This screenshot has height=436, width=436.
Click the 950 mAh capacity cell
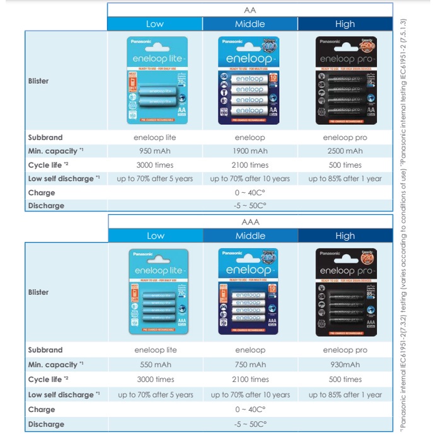pyautogui.click(x=155, y=151)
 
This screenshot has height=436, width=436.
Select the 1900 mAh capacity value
pyautogui.click(x=250, y=151)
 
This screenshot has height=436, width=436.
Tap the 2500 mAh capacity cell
pyautogui.click(x=345, y=151)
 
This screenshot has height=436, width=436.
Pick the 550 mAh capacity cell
pyautogui.click(x=155, y=365)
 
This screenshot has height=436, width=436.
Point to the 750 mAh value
pyautogui.click(x=250, y=365)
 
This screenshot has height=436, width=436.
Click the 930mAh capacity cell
pyautogui.click(x=345, y=365)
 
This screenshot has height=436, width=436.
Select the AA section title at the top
pyautogui.click(x=250, y=10)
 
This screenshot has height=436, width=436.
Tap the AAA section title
pyautogui.click(x=250, y=222)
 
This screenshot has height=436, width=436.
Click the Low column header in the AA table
pyautogui.click(x=155, y=24)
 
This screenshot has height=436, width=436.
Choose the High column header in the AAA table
pyautogui.click(x=345, y=236)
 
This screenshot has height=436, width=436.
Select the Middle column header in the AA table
pyautogui.click(x=250, y=24)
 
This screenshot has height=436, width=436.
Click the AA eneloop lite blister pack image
pyautogui.click(x=155, y=80)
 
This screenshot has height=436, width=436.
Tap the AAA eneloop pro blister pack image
pyautogui.click(x=345, y=292)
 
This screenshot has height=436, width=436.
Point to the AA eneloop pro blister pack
pyautogui.click(x=345, y=80)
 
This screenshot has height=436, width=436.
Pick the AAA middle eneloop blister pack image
pyautogui.click(x=250, y=292)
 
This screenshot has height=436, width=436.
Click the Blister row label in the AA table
pyautogui.click(x=38, y=81)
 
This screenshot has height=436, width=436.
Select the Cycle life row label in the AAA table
pyautogui.click(x=45, y=380)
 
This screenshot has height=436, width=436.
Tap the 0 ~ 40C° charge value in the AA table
pyautogui.click(x=250, y=193)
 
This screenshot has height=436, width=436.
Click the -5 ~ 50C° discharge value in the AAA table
pyautogui.click(x=250, y=424)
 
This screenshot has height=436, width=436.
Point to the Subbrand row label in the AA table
pyautogui.click(x=45, y=137)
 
